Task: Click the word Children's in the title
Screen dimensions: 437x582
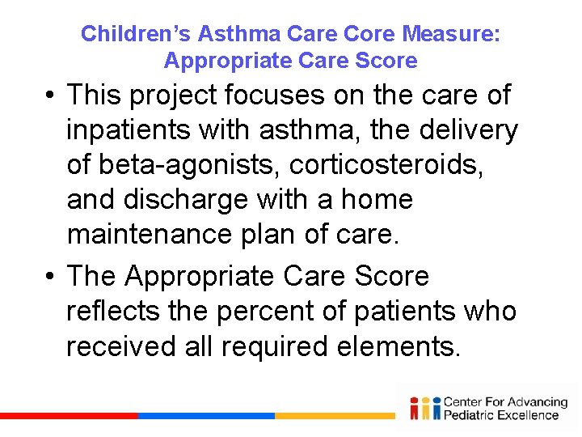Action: click(x=136, y=34)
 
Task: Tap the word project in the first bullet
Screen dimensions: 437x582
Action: click(x=170, y=95)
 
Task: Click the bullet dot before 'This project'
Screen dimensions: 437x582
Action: click(x=50, y=96)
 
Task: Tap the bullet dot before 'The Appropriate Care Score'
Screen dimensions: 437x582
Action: click(x=50, y=278)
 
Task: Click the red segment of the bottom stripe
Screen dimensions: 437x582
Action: click(x=69, y=416)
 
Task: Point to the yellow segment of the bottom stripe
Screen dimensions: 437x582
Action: click(x=335, y=416)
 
